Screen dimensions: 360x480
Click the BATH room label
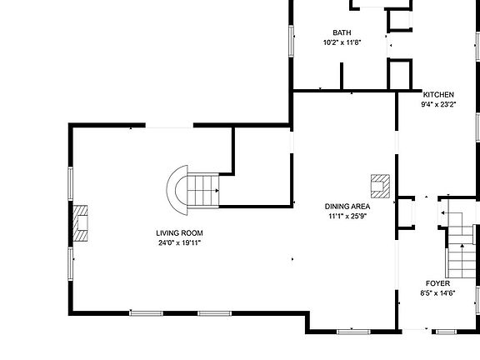coord(342,33)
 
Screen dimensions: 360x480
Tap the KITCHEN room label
coord(438,95)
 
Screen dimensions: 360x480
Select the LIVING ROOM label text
coord(179,233)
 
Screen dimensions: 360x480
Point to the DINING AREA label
coord(347,207)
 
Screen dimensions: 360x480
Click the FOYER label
coord(437,283)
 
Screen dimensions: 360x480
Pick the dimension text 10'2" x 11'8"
coord(342,42)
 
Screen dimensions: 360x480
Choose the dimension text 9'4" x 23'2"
coord(438,105)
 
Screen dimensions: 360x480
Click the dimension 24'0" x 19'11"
coord(179,243)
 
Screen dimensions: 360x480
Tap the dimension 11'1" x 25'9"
coord(347,217)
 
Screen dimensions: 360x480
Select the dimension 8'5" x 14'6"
coord(437,293)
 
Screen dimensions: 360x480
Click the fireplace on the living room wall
coord(80,223)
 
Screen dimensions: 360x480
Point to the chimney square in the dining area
coord(381,185)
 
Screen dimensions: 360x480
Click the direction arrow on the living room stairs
coord(217,191)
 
